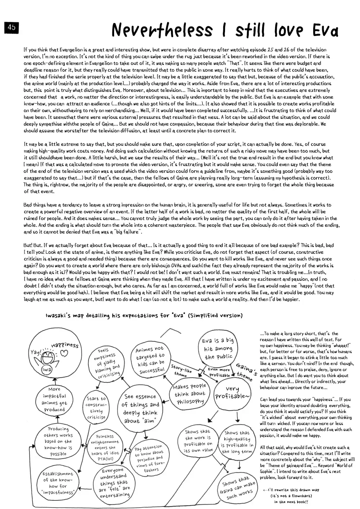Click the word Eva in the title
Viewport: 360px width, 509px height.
click(x=325, y=31)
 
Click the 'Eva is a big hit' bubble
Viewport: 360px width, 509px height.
click(x=218, y=349)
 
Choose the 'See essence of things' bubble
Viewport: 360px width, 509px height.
click(x=140, y=408)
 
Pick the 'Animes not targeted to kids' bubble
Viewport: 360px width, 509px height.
click(x=150, y=359)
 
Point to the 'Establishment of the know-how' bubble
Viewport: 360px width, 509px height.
click(x=58, y=483)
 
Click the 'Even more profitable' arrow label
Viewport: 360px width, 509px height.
click(x=219, y=372)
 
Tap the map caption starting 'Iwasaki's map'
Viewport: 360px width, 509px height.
click(x=144, y=315)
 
